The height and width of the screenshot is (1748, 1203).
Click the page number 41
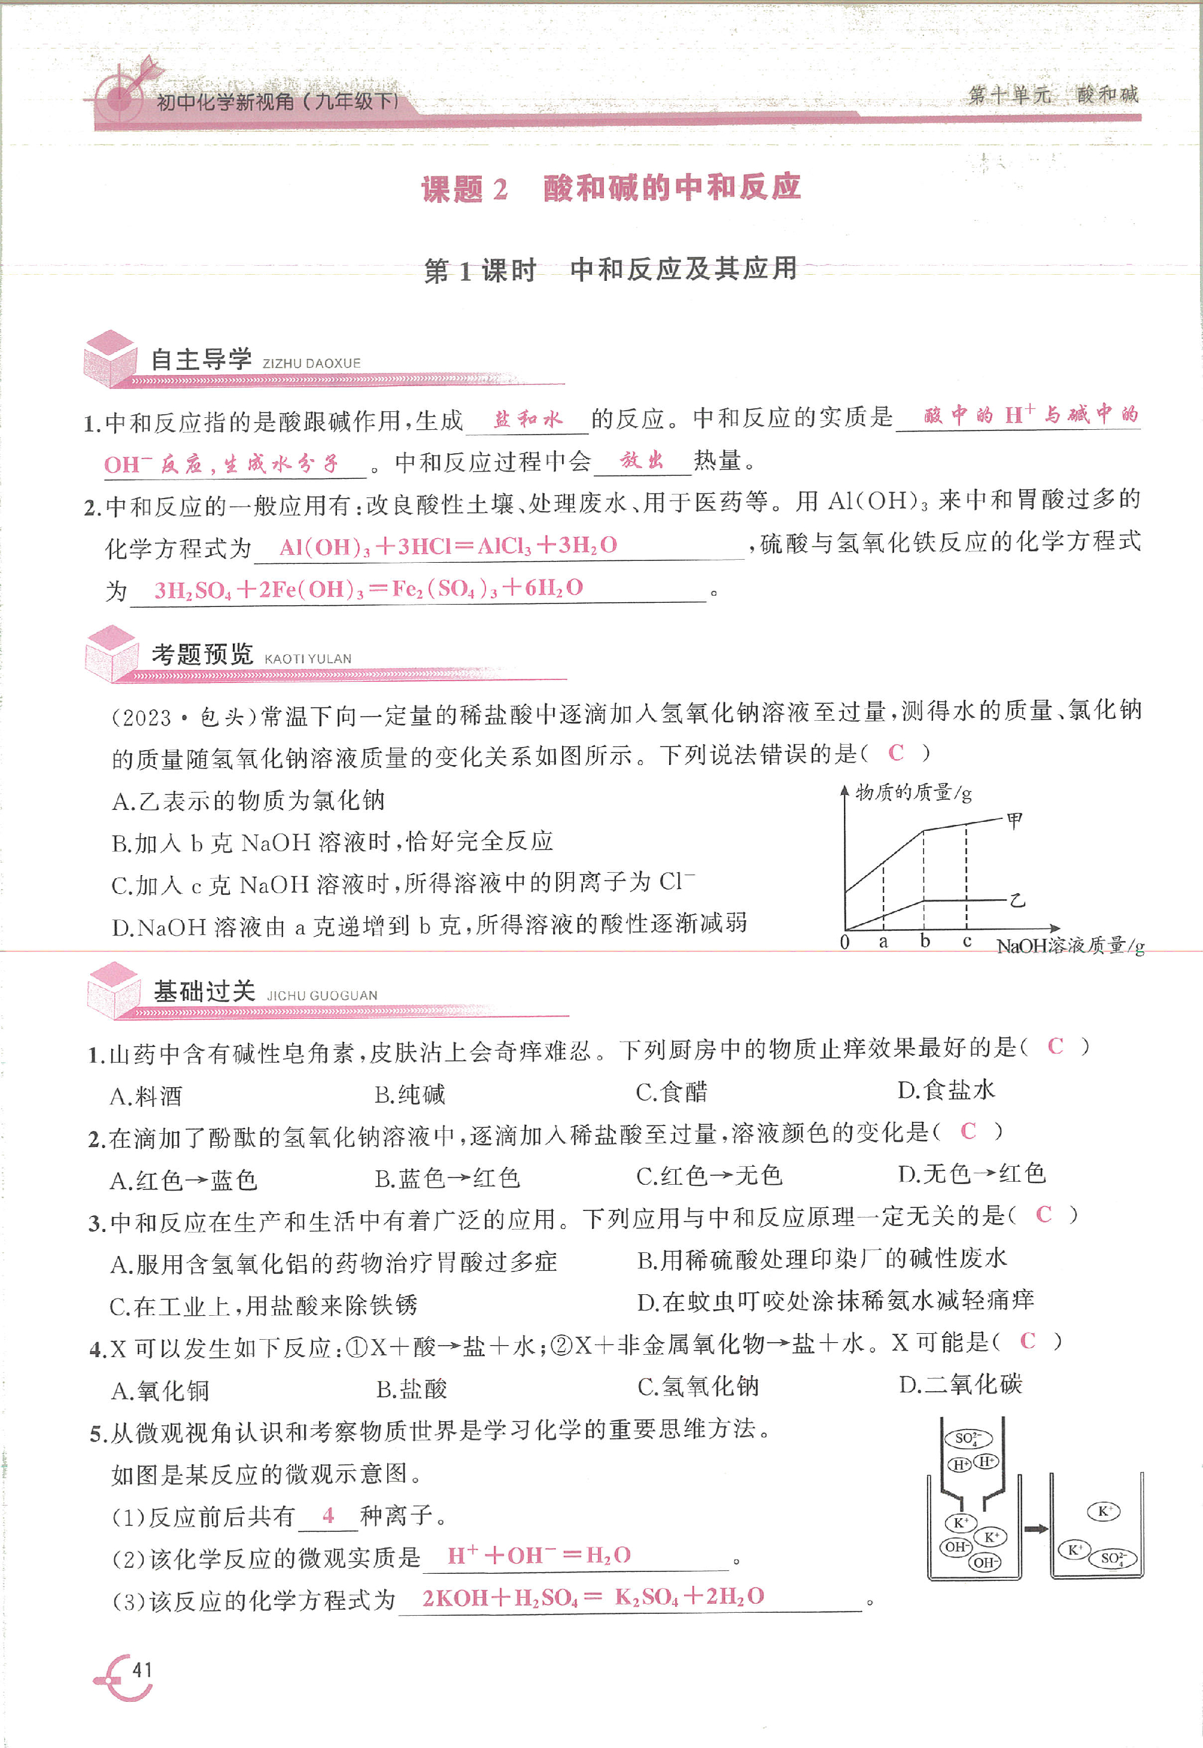[x=142, y=1670]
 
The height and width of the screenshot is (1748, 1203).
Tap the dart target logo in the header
[x=124, y=93]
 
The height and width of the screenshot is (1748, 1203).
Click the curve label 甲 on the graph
[x=1014, y=820]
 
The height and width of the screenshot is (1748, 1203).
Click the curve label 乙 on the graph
[x=1017, y=900]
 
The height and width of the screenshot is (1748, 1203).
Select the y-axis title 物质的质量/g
[x=913, y=792]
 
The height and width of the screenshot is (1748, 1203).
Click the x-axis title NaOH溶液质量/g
[x=1070, y=946]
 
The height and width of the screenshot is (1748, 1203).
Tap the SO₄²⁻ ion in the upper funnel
[x=968, y=1438]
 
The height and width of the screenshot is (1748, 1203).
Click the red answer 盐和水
[x=528, y=419]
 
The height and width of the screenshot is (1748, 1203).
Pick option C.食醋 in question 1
[x=672, y=1091]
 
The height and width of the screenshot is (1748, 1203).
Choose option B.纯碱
[x=410, y=1094]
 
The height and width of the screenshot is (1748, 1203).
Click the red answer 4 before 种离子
[x=328, y=1515]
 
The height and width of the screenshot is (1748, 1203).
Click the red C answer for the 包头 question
[x=895, y=752]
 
